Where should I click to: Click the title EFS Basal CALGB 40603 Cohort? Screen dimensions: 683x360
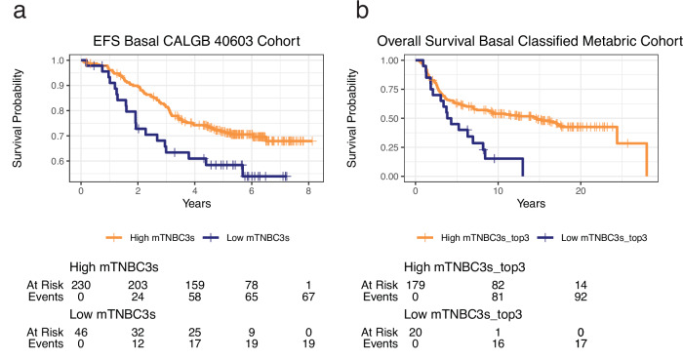click(196, 41)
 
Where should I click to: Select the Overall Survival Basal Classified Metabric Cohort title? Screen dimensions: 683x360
click(530, 41)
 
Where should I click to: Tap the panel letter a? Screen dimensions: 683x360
click(20, 11)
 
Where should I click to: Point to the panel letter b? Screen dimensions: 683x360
click(362, 10)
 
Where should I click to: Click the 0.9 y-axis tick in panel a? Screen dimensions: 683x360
click(58, 85)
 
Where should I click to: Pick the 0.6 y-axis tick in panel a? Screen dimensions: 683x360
click(58, 161)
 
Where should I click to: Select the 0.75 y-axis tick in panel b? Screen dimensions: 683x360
click(389, 89)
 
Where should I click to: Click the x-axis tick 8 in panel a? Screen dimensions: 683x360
click(308, 190)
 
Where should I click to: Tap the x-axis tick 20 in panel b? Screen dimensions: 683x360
click(581, 190)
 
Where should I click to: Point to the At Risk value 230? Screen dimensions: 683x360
click(81, 285)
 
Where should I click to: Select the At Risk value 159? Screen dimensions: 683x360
click(195, 285)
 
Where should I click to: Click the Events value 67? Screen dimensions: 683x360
click(308, 297)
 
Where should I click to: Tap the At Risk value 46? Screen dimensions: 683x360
click(81, 332)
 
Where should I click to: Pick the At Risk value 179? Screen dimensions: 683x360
click(416, 285)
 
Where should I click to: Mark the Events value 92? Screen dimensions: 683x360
click(581, 297)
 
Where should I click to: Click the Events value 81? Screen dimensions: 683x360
click(498, 297)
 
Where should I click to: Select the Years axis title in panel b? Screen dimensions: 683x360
click(531, 203)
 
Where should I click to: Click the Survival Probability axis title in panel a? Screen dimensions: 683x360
click(17, 118)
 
